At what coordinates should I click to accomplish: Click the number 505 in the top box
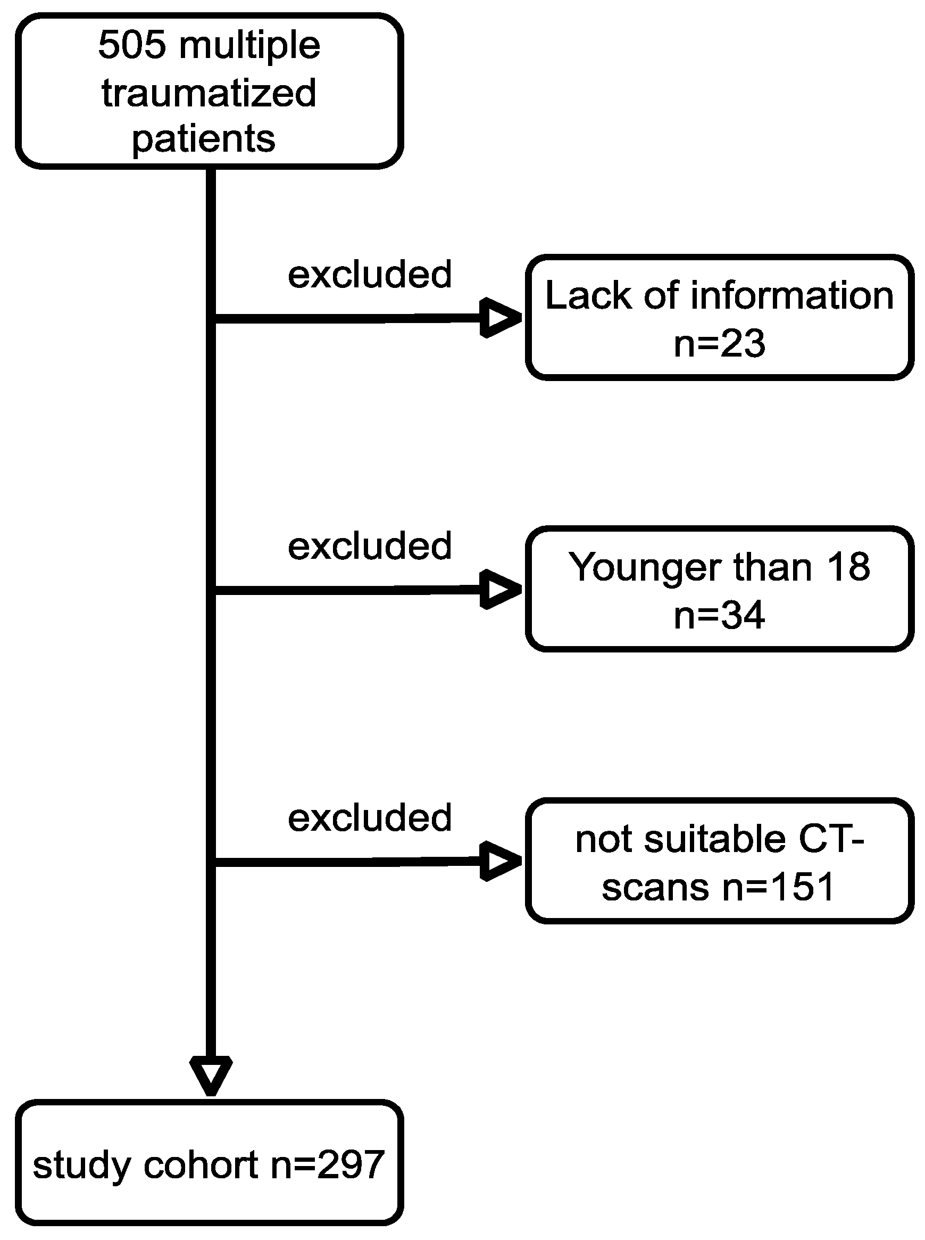[132, 45]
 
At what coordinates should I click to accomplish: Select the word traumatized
[209, 93]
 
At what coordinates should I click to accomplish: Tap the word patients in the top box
[204, 139]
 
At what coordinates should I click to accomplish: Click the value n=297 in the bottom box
[328, 1165]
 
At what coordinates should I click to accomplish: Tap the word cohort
[201, 1165]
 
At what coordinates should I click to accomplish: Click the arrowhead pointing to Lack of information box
[500, 318]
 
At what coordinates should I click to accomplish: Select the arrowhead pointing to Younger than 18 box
[500, 589]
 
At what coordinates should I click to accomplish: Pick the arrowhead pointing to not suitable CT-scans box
[500, 861]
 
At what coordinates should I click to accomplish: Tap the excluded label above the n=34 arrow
[370, 545]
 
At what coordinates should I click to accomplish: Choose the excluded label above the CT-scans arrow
[370, 817]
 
